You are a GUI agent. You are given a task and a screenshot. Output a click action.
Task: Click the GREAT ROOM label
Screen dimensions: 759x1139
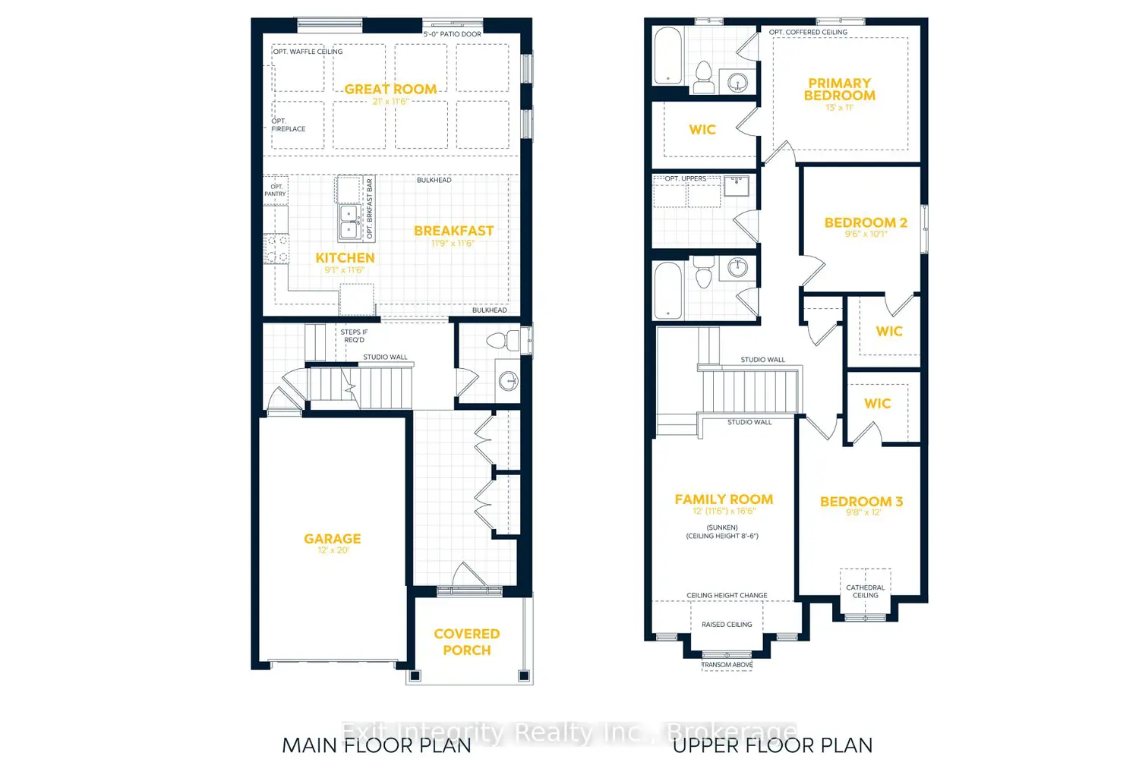coord(390,90)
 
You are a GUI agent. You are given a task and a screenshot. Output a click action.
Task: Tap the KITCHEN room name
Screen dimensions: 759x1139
coord(345,258)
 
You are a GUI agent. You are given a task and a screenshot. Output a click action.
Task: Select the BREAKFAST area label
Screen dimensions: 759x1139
coord(453,231)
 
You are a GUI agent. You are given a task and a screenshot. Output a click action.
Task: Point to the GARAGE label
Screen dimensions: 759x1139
coord(333,539)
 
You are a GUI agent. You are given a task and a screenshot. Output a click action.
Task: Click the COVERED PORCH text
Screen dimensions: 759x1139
coord(466,642)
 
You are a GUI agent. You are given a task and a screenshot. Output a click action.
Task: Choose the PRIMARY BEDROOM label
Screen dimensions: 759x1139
coord(839,90)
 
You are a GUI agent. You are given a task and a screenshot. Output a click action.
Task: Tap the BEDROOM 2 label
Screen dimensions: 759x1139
coord(866,223)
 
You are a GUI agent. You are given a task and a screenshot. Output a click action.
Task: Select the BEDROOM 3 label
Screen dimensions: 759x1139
coord(861,502)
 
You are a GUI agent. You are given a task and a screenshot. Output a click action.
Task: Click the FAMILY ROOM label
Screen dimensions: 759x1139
coord(724,499)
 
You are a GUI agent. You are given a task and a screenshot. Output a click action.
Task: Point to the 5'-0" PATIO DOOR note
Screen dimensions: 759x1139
coord(452,34)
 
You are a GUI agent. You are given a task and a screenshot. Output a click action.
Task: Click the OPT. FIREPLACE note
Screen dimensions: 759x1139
coord(289,125)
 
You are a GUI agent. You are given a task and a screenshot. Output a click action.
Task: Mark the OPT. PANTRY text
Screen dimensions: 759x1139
coord(275,191)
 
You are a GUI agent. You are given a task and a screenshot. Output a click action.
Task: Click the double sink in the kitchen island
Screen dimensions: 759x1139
coord(349,222)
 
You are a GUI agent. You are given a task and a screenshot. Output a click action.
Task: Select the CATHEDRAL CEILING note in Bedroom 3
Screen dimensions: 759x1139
coord(865,591)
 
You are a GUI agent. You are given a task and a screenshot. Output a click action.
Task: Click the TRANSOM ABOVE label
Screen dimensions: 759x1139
coord(727,665)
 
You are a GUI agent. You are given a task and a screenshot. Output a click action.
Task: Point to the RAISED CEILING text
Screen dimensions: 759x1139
coord(727,625)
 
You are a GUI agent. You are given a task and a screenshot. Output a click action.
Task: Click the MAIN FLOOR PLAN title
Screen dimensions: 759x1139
coord(377,745)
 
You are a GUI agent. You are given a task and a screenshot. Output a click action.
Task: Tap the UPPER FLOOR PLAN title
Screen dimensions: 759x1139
coord(772,745)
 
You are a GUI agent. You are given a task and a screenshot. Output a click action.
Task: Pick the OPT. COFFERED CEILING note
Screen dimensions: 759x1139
coord(808,33)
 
